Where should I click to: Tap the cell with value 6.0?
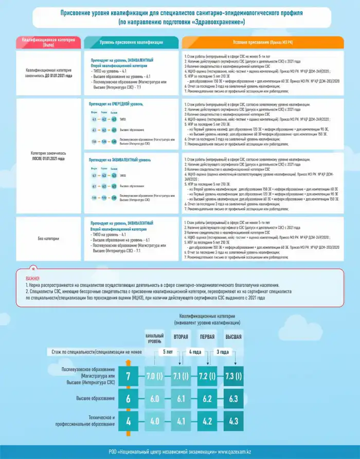(154, 398)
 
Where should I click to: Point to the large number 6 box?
(129, 398)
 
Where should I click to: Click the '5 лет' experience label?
(168, 353)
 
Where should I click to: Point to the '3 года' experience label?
(222, 353)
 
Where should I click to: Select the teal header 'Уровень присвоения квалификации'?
(131, 42)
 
